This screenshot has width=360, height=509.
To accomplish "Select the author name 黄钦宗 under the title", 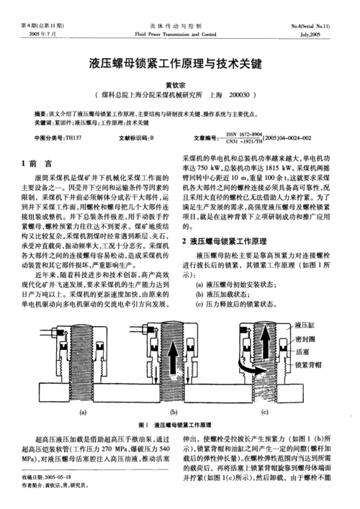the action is point(180,84).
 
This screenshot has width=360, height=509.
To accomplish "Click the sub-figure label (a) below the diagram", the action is point(83,412).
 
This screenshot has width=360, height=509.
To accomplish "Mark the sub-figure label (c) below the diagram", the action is point(264,412).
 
